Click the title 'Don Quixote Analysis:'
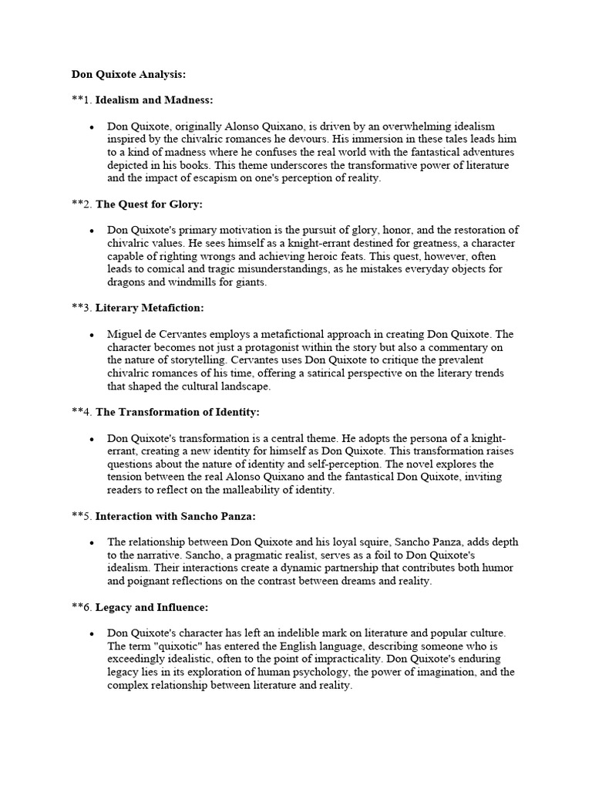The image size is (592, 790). (x=129, y=75)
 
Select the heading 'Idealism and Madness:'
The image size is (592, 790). (x=154, y=100)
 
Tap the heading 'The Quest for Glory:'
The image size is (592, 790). (x=149, y=204)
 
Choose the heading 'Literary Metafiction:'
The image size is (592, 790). (x=150, y=308)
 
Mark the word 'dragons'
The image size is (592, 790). (x=126, y=282)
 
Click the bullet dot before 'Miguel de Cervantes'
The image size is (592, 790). (x=92, y=335)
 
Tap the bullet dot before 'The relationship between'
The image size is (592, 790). (x=92, y=542)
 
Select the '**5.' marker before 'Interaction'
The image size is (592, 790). (x=82, y=516)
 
